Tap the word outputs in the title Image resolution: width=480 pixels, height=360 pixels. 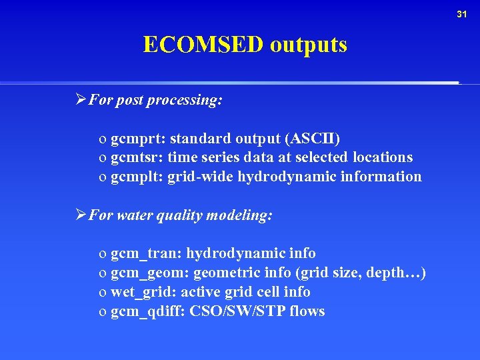[x=309, y=45]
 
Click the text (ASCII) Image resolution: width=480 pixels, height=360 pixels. [x=313, y=139]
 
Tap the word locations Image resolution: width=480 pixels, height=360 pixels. [x=383, y=157]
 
